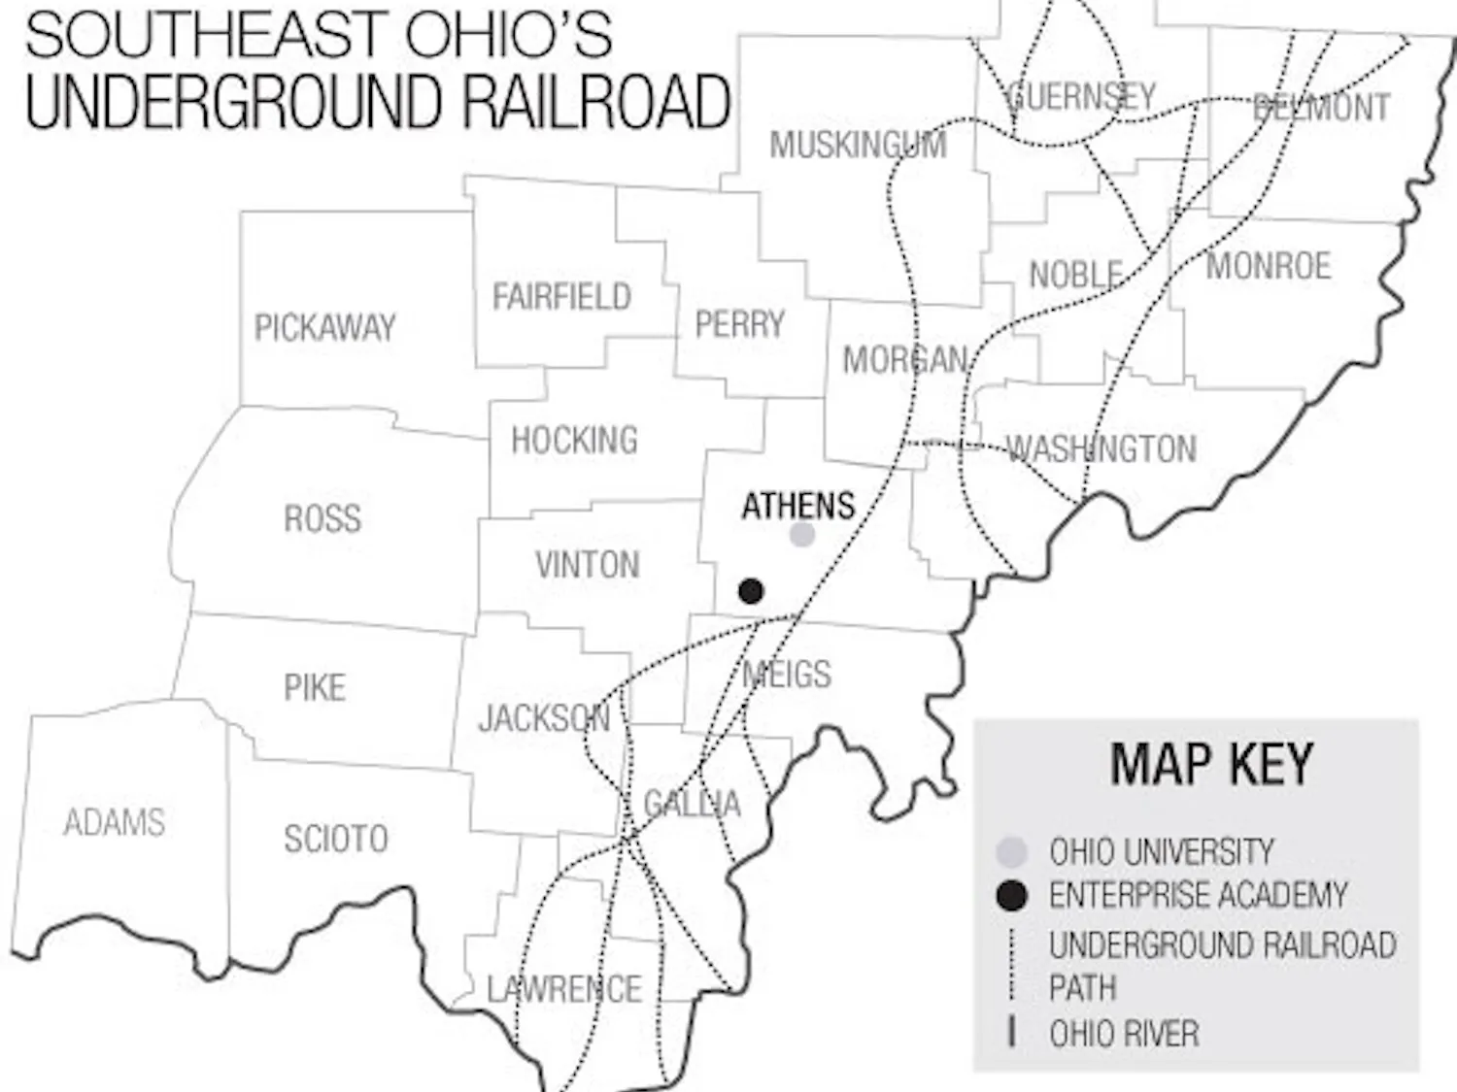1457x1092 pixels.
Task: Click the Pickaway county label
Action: coord(324,328)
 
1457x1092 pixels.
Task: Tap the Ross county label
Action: coord(322,518)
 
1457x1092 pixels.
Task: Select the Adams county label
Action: coord(114,823)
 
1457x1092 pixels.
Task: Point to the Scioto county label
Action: coord(335,839)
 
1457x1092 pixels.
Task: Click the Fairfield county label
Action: coord(561,297)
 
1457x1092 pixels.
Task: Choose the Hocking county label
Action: coord(574,441)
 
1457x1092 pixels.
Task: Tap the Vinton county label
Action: coord(587,565)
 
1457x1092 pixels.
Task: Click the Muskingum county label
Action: coord(858,146)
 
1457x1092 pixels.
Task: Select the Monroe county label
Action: coord(1268,266)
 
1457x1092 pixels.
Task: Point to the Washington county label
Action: coord(1101,449)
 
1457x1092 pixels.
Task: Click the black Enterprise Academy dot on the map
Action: coord(750,590)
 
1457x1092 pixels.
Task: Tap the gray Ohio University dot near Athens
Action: coord(801,534)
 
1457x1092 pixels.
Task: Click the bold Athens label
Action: coord(797,506)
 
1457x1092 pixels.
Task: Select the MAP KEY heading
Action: coord(1211,764)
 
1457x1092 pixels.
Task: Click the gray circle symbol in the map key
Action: coord(1011,852)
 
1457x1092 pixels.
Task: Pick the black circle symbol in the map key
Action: coord(1011,895)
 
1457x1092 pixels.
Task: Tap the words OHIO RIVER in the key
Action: coord(1124,1034)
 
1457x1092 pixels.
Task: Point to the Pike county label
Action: coord(314,688)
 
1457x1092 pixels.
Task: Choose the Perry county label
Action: coord(739,324)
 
